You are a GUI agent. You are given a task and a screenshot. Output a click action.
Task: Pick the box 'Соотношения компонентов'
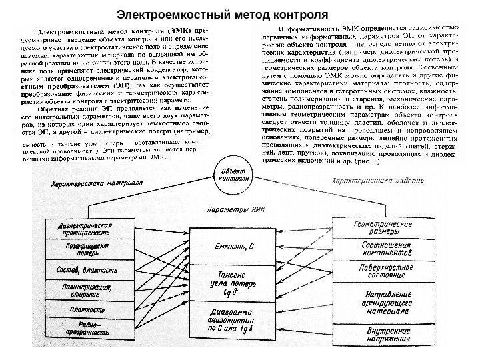point(381,250)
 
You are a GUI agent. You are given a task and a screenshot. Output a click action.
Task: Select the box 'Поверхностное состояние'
point(381,271)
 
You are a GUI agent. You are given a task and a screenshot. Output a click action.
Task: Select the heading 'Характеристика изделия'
point(377,181)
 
